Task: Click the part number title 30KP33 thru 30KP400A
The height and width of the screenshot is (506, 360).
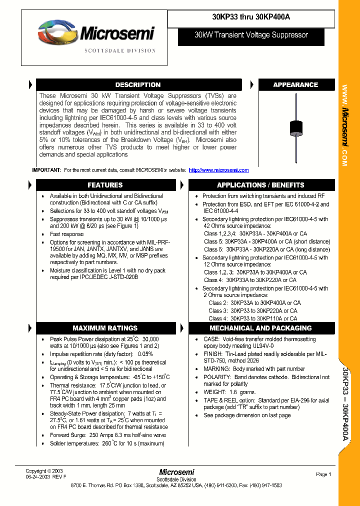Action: (251, 16)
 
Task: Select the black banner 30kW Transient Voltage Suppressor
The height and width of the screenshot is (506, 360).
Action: (251, 35)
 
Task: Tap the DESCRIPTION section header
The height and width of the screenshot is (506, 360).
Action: (137, 85)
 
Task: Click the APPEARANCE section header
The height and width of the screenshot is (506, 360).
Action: (295, 85)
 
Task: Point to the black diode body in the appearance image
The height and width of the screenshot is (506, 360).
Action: (296, 127)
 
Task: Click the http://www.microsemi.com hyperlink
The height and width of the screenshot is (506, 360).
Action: (218, 170)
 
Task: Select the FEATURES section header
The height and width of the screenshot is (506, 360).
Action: (105, 185)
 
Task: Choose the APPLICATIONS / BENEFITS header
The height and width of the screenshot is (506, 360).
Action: (260, 185)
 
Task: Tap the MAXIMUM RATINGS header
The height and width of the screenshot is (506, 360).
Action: (105, 328)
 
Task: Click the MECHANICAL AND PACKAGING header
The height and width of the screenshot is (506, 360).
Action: (260, 328)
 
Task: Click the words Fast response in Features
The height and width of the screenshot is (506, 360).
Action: (66, 234)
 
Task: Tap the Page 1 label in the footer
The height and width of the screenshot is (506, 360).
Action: (323, 474)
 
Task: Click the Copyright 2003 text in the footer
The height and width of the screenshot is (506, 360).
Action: (44, 471)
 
